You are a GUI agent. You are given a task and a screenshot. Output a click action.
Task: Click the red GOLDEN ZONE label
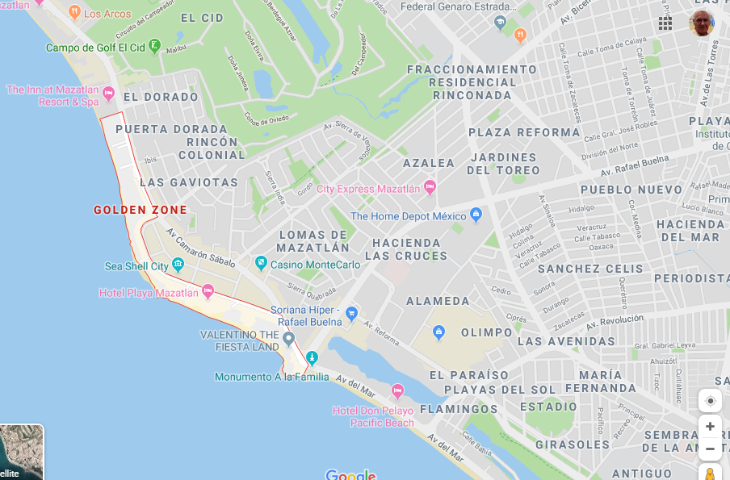(141, 210)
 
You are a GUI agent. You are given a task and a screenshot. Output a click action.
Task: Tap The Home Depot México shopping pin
(476, 215)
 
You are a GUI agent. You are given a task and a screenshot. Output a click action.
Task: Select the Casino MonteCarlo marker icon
(261, 263)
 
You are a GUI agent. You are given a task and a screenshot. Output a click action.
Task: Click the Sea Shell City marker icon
(178, 265)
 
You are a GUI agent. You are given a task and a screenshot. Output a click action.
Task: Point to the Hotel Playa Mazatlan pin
(208, 291)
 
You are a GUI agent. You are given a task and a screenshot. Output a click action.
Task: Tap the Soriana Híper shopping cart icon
(350, 313)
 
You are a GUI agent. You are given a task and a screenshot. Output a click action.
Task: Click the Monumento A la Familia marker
(313, 358)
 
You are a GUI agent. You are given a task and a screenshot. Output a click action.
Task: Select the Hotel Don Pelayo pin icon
(397, 391)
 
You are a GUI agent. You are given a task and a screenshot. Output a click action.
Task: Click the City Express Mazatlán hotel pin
(430, 188)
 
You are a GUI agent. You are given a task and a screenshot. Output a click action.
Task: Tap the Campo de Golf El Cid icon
(154, 46)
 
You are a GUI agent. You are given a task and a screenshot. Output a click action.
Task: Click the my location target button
(710, 401)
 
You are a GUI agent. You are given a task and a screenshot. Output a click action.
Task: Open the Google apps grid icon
(665, 23)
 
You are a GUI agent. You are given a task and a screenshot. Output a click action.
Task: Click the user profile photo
(701, 23)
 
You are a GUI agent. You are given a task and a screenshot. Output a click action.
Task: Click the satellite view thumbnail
(21, 453)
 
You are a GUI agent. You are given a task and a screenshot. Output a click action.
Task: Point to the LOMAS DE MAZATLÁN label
(313, 241)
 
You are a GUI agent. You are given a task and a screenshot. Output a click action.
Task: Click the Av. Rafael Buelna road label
(635, 165)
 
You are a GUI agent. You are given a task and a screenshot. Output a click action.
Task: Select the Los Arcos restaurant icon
(74, 12)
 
